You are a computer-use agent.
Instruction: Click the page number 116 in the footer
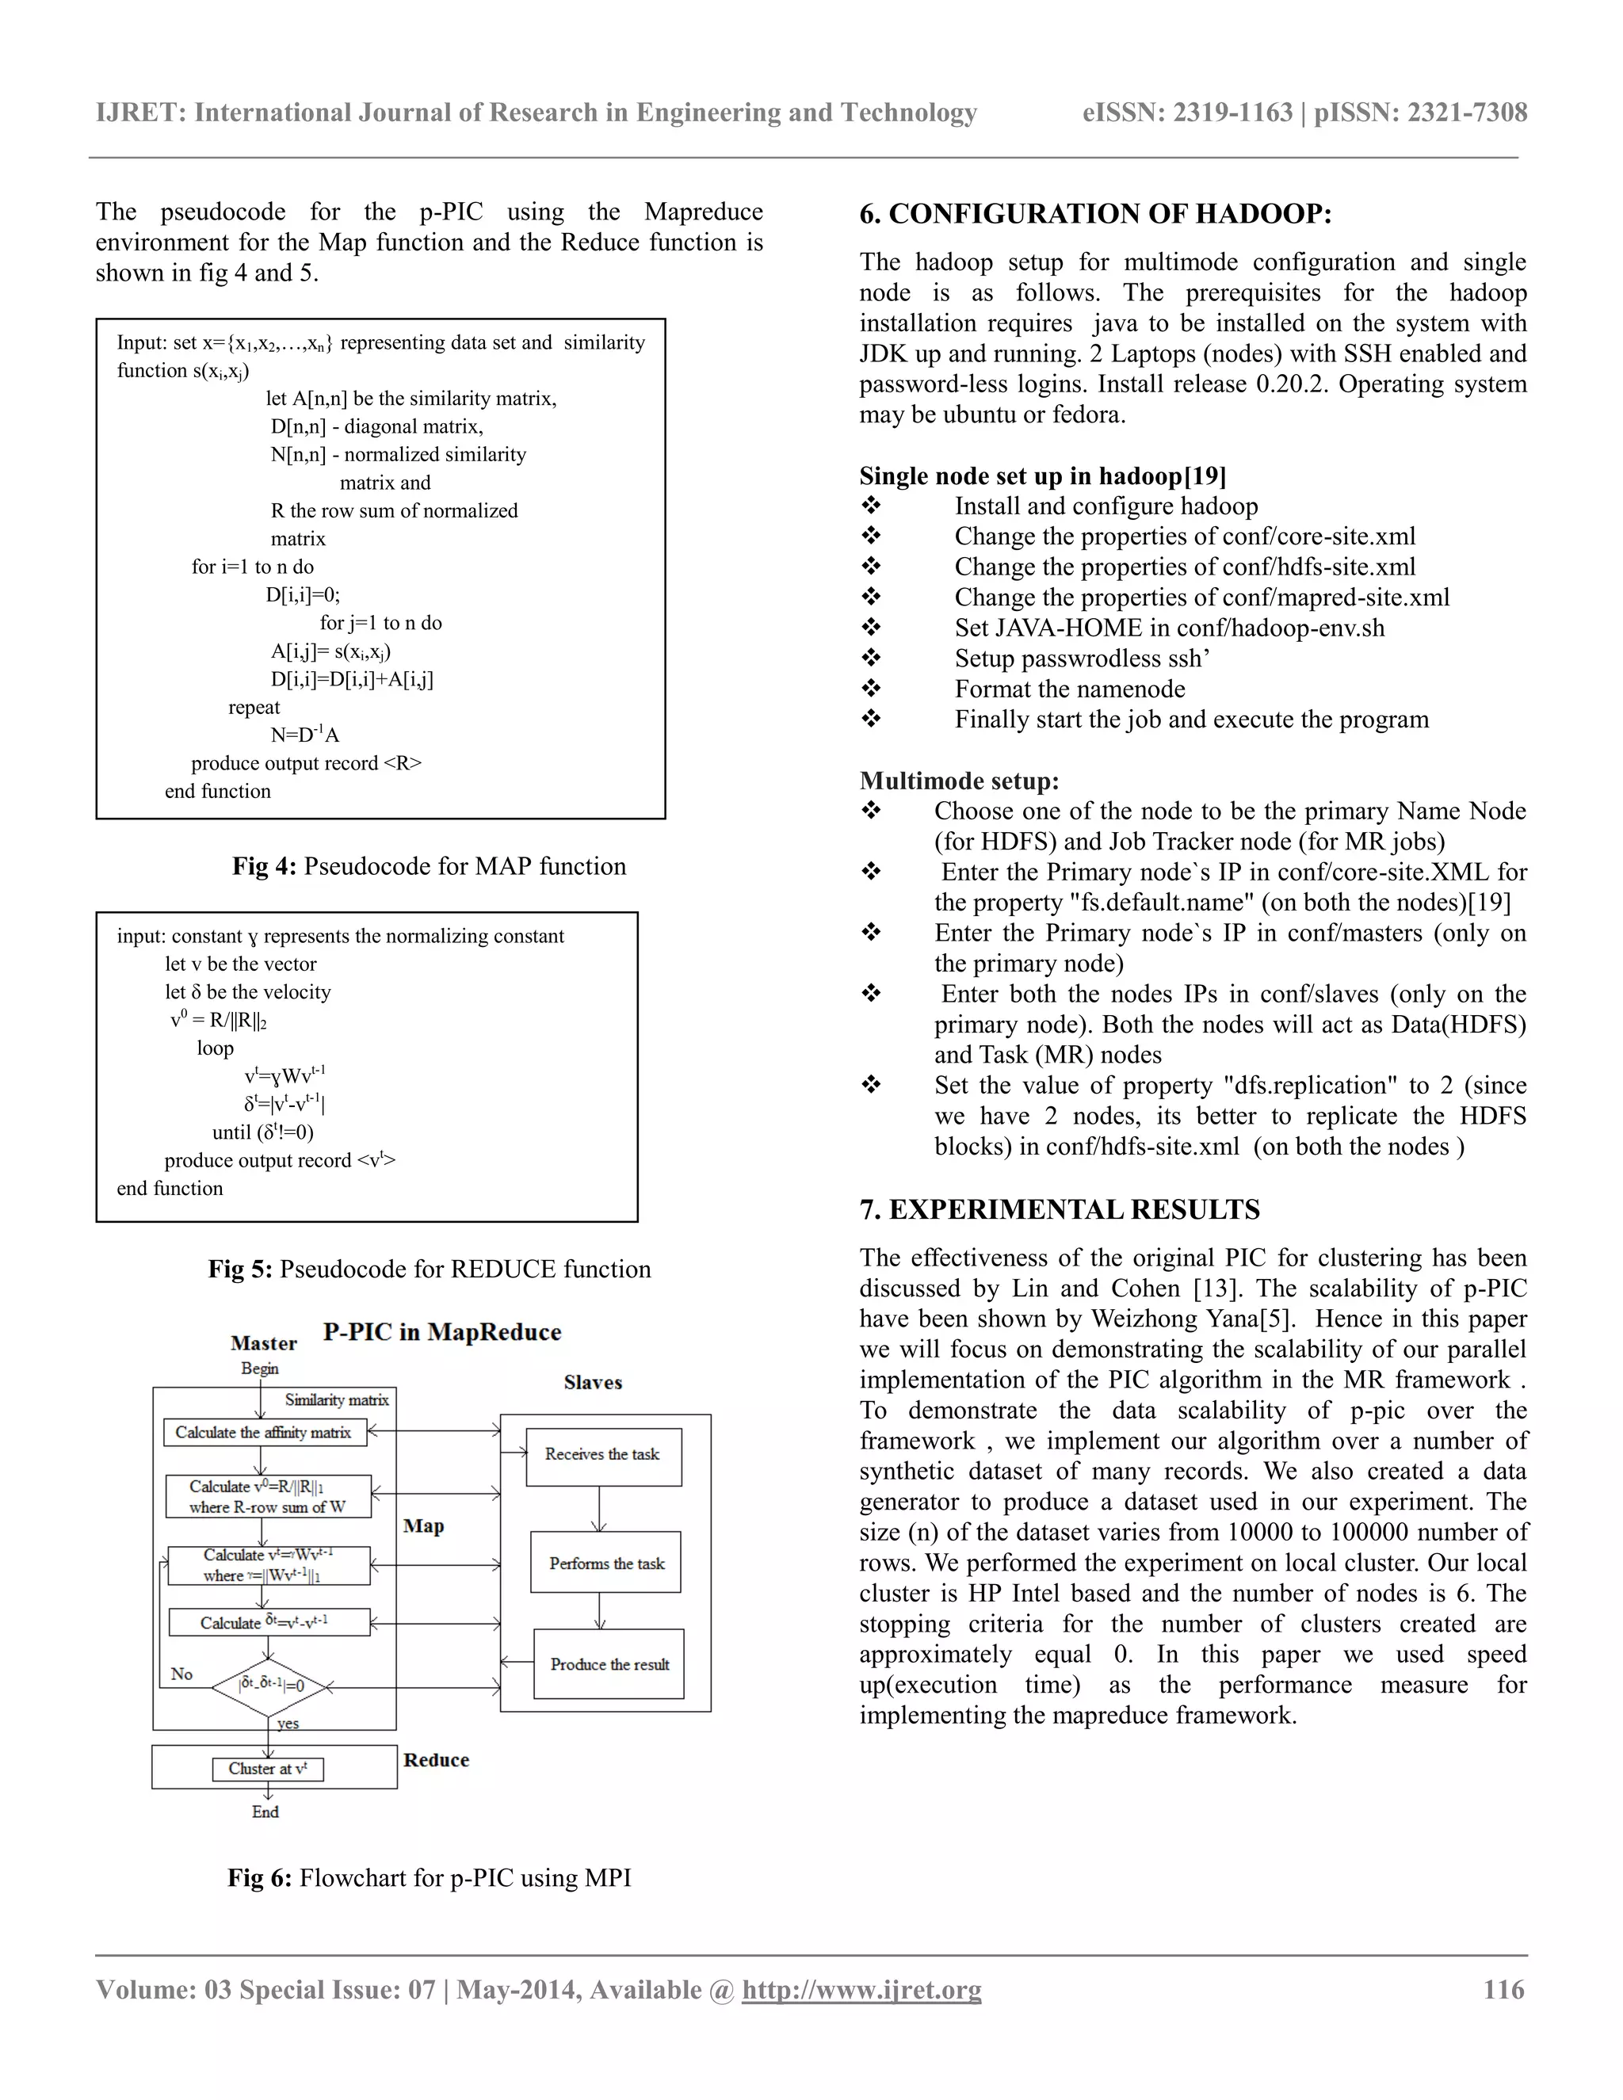pyautogui.click(x=1503, y=1988)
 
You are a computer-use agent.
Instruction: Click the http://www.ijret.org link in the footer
pyautogui.click(x=861, y=1988)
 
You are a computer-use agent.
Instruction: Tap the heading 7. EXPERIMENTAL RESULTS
pyautogui.click(x=1060, y=1209)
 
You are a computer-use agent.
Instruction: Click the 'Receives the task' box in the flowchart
pyautogui.click(x=604, y=1455)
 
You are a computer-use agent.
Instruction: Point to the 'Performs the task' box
pyautogui.click(x=605, y=1564)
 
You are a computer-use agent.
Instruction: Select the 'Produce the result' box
pyautogui.click(x=609, y=1664)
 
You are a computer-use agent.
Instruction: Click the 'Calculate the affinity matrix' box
pyautogui.click(x=265, y=1433)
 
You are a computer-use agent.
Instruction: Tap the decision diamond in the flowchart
pyautogui.click(x=270, y=1686)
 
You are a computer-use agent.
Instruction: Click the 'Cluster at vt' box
pyautogui.click(x=267, y=1768)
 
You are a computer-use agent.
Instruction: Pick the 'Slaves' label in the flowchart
pyautogui.click(x=592, y=1383)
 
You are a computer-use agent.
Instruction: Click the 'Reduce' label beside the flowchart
pyautogui.click(x=436, y=1759)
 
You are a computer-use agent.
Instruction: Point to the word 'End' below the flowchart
pyautogui.click(x=265, y=1812)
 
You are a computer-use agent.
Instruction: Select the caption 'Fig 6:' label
pyautogui.click(x=260, y=1878)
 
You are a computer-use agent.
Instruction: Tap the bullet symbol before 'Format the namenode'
pyautogui.click(x=871, y=689)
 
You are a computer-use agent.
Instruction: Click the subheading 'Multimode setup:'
pyautogui.click(x=959, y=781)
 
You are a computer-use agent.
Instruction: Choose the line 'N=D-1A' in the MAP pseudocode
pyautogui.click(x=305, y=735)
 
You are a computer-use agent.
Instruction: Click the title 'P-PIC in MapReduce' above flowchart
pyautogui.click(x=441, y=1332)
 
